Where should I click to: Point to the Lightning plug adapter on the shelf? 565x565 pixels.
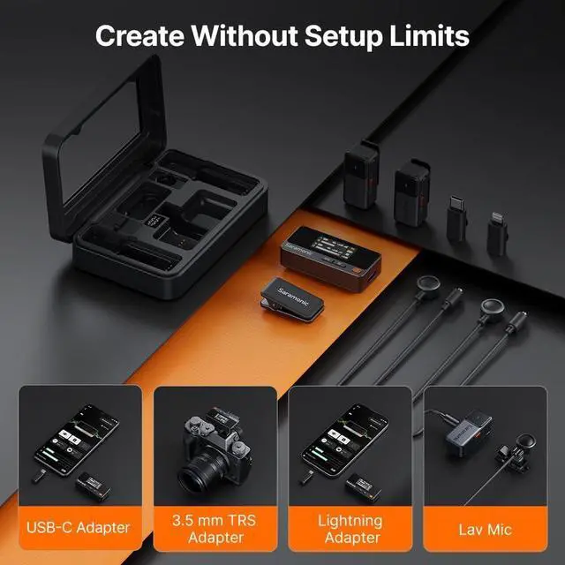(x=497, y=231)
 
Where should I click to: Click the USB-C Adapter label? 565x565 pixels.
(x=77, y=528)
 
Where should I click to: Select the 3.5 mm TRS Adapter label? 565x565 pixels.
(x=213, y=528)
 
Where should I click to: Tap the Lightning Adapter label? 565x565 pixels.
(x=350, y=528)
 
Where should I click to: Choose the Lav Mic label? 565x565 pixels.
(x=484, y=528)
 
